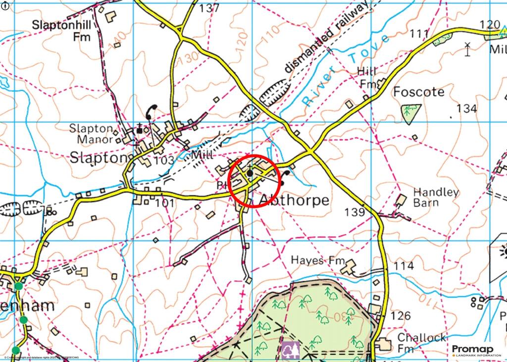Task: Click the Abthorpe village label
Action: click(294, 200)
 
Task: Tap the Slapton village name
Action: click(96, 158)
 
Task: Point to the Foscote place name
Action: click(418, 92)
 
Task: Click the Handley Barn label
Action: click(436, 197)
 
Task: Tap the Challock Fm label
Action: click(422, 343)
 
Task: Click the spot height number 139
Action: click(355, 212)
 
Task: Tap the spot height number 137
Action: click(209, 8)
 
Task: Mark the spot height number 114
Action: click(403, 266)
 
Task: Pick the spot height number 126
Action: click(400, 315)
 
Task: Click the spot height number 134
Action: click(466, 108)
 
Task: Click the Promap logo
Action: click(472, 350)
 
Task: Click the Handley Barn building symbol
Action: click(401, 200)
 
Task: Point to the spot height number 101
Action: click(165, 203)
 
